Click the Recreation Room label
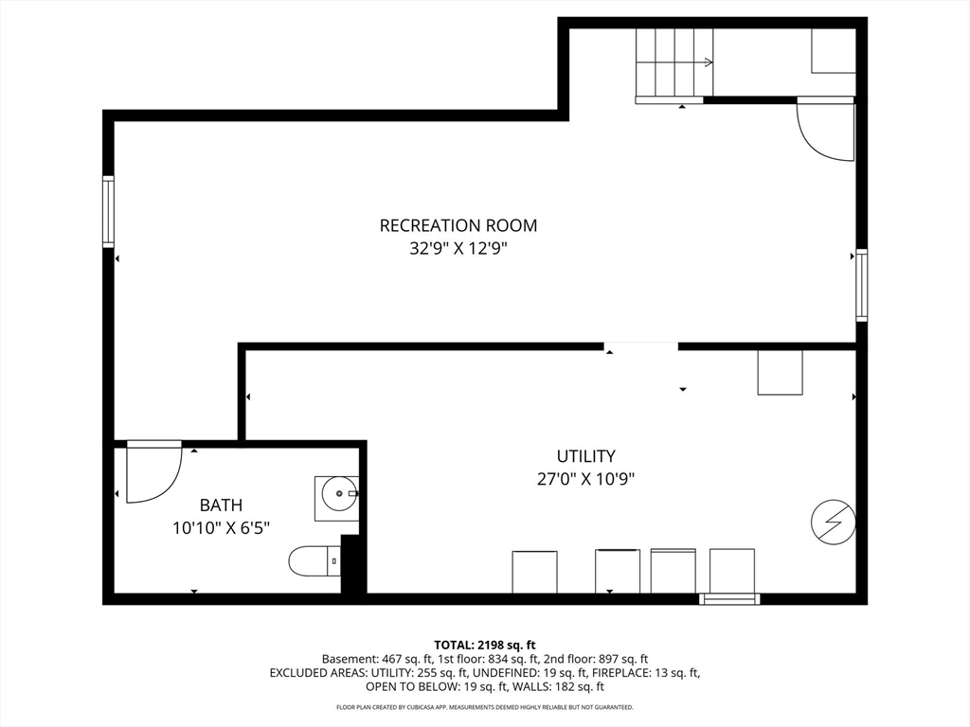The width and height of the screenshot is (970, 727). (x=458, y=225)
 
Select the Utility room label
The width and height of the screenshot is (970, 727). (x=585, y=455)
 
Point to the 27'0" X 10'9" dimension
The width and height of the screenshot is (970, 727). (x=585, y=479)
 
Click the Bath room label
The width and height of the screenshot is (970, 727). (x=221, y=505)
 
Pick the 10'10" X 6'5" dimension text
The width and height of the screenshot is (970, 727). (x=221, y=528)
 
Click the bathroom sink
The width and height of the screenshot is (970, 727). (x=337, y=493)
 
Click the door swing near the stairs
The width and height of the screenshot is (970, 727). (x=825, y=130)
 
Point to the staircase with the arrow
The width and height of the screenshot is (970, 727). (x=674, y=62)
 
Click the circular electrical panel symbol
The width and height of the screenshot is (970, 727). (x=834, y=522)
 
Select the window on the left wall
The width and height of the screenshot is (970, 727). (x=108, y=212)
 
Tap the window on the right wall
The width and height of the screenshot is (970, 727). (x=861, y=285)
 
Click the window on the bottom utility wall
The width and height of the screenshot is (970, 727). (x=729, y=598)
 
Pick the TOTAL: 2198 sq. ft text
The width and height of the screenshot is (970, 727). (x=484, y=644)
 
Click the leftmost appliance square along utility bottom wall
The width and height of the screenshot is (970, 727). (x=534, y=572)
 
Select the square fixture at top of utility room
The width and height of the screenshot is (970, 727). (x=780, y=372)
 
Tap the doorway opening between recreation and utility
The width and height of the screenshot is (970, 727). (x=641, y=346)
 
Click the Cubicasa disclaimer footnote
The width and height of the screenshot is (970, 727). (x=484, y=707)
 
